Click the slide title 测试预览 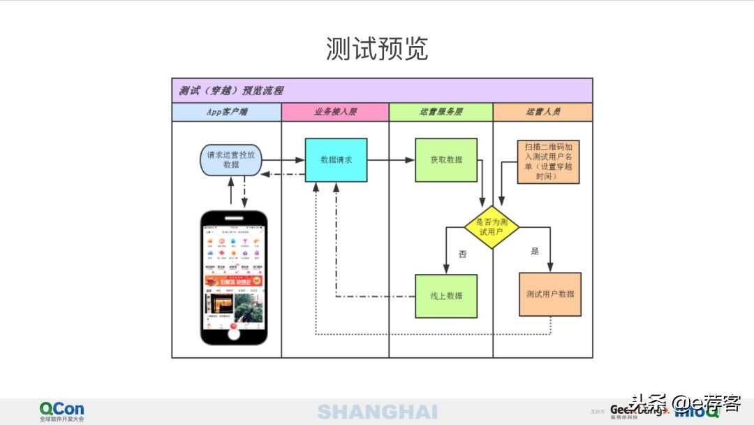coord(376,49)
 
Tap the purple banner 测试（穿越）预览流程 coord(231,91)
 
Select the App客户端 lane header coord(227,112)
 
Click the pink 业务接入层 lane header coord(335,112)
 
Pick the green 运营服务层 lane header coord(441,112)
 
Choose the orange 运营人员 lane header coord(542,112)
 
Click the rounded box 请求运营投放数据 coord(231,159)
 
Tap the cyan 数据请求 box coord(336,160)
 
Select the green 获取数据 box coord(446,160)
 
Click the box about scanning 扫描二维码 coord(548,161)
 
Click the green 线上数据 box coord(446,296)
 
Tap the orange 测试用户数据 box coord(550,294)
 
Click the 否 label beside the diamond coord(462,254)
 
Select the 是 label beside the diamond coord(535,251)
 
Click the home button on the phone coord(235,333)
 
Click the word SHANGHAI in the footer coord(377,412)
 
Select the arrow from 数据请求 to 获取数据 coord(391,160)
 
